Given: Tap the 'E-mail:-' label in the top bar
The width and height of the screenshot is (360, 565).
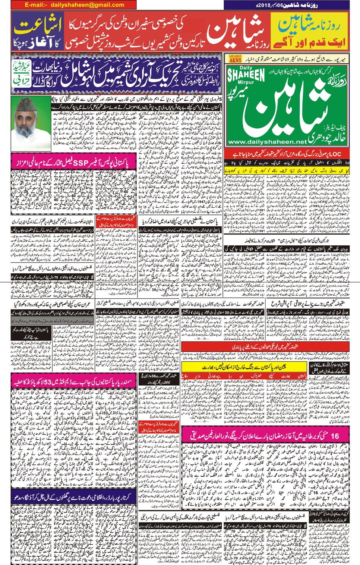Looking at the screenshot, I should click(36, 5).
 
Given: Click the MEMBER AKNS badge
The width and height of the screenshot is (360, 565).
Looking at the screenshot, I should click(235, 59).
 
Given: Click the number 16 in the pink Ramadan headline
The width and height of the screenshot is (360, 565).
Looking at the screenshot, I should click(334, 436).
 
